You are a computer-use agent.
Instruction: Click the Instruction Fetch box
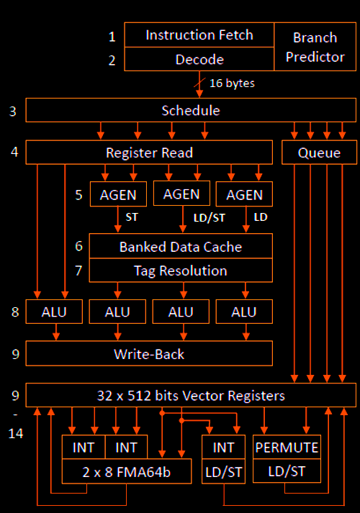[x=199, y=35]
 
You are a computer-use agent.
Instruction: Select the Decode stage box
[x=199, y=59]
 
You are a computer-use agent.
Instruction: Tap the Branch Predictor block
[x=315, y=47]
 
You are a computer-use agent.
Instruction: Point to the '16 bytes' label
[x=232, y=83]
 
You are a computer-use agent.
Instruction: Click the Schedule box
[x=191, y=110]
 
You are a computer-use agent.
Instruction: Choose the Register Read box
[x=149, y=153]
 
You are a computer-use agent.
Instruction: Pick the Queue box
[x=319, y=153]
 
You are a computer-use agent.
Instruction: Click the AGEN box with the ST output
[x=118, y=194]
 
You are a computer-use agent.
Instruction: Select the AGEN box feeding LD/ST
[x=181, y=194]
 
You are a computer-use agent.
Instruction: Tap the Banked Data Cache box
[x=181, y=246]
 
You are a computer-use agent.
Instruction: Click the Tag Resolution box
[x=181, y=271]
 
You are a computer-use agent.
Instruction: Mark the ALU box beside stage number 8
[x=54, y=312]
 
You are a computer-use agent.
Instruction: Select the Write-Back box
[x=149, y=353]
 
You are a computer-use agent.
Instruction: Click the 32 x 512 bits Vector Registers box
[x=191, y=395]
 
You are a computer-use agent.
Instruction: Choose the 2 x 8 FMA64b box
[x=127, y=471]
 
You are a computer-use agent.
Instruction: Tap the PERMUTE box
[x=287, y=448]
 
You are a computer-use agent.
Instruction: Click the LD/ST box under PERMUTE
[x=287, y=471]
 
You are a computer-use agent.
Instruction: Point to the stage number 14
[x=16, y=434]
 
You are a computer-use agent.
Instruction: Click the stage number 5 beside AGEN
[x=78, y=195]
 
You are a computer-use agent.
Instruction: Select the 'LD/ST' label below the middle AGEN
[x=210, y=217]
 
